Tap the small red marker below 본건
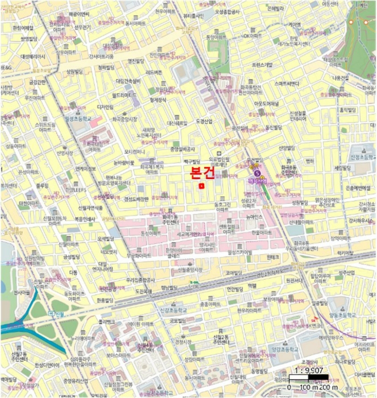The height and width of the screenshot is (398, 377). click(x=201, y=185)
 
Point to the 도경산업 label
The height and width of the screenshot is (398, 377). click(x=203, y=121)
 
